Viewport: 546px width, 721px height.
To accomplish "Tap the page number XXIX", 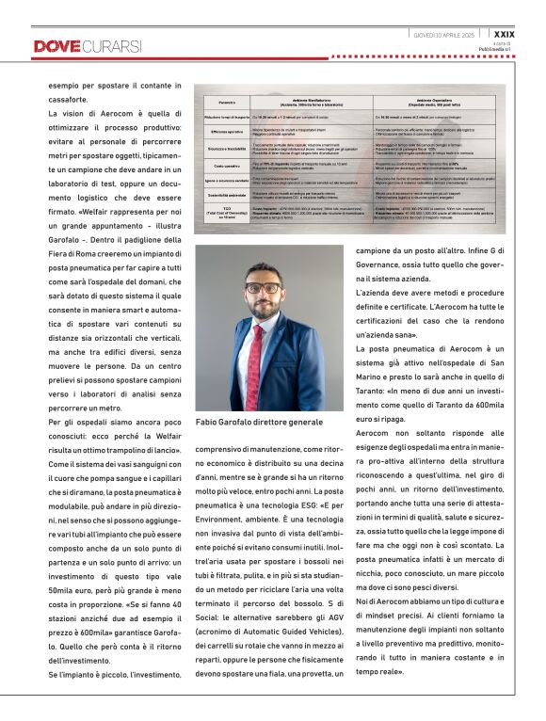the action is [505, 34].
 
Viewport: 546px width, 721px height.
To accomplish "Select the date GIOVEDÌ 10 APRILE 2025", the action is [448, 35].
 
